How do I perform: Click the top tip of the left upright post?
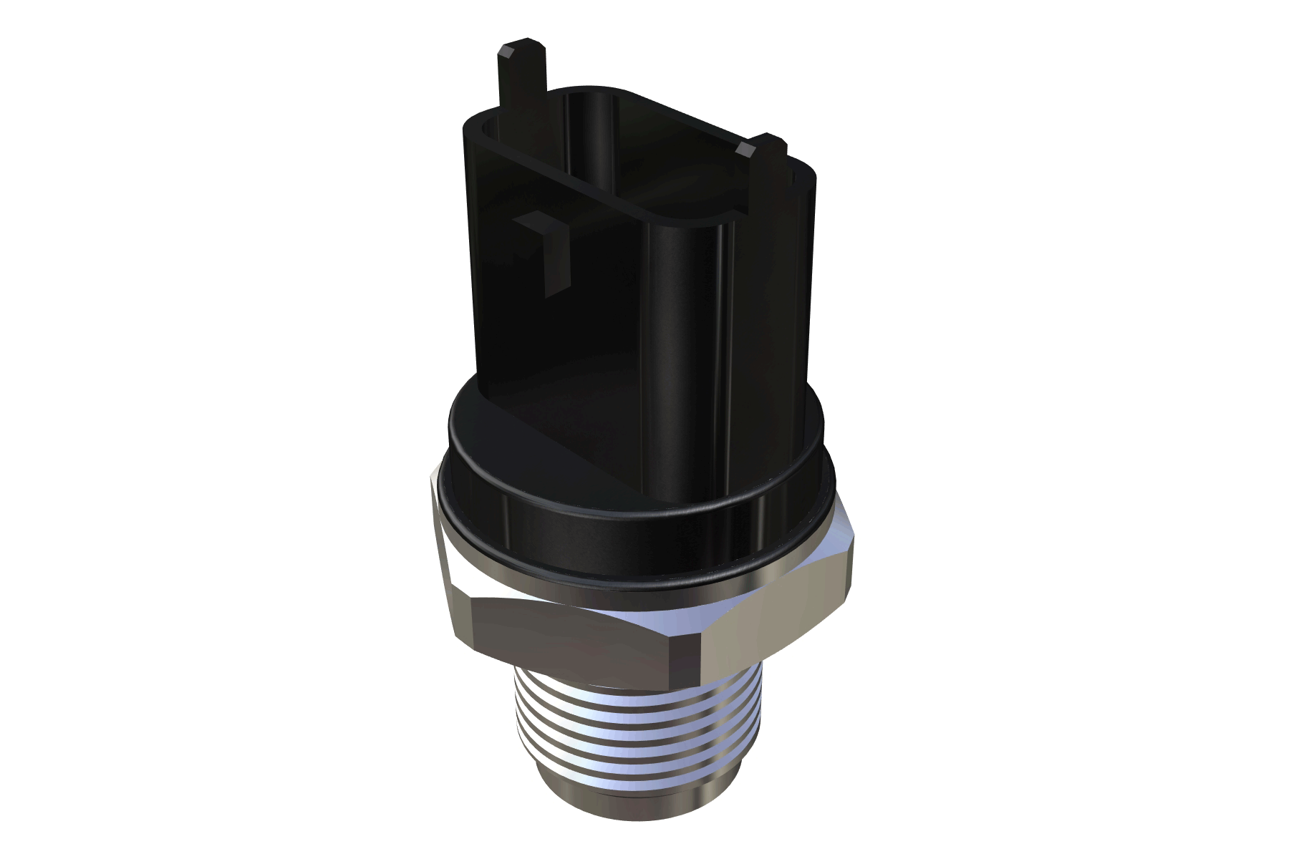coord(521,52)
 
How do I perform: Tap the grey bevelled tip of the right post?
coord(745,149)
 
